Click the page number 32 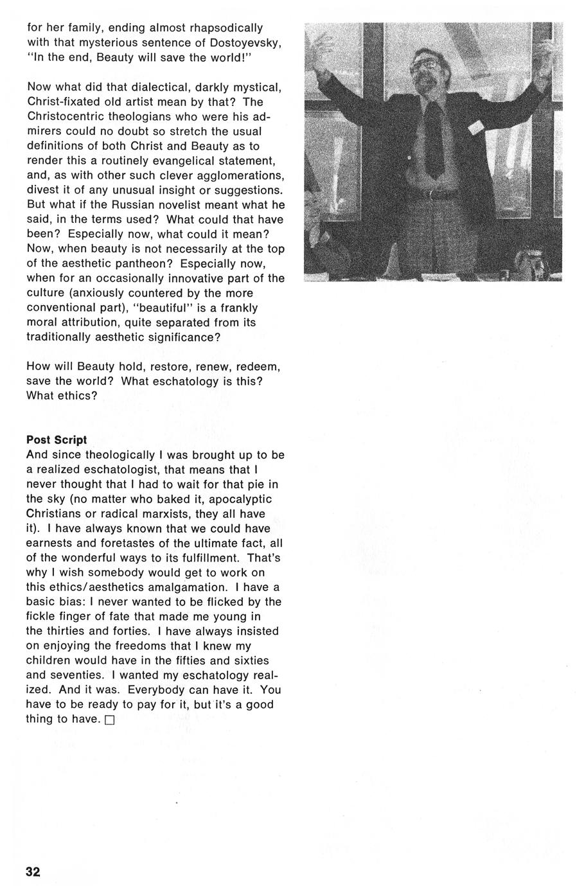click(33, 871)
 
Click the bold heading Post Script click(57, 440)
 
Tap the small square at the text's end click(109, 720)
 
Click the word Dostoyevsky click(245, 42)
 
